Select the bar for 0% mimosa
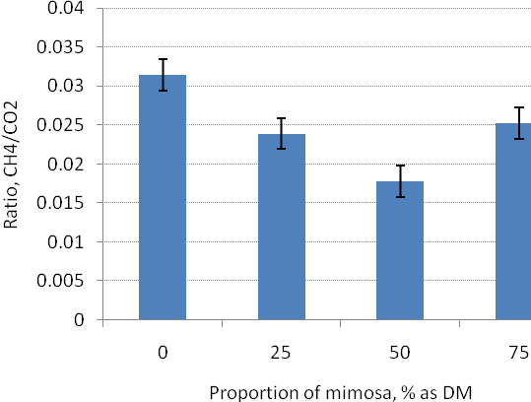163,197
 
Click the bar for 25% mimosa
282,227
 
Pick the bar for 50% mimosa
400,250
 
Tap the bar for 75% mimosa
513,222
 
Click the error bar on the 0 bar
163,75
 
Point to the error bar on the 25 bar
281,133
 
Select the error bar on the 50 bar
401,181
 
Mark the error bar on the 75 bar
519,123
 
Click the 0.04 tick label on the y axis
65,8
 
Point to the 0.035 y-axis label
60,47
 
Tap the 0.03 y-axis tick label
65,86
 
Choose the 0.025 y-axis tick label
60,125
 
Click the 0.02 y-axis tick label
65,165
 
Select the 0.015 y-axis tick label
60,203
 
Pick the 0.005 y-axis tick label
60,281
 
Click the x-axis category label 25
281,353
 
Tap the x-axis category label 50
400,353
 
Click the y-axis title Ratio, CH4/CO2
10,165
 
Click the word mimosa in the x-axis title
361,393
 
